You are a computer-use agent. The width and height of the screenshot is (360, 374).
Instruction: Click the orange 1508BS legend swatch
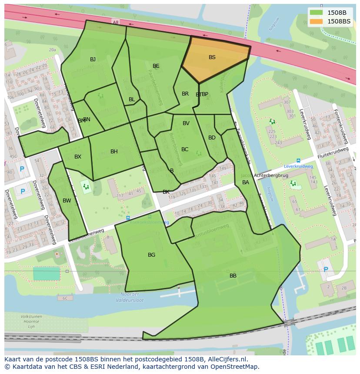click(317, 21)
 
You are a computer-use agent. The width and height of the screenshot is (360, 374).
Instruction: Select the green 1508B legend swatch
click(317, 13)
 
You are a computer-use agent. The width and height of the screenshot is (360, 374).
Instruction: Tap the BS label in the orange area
click(212, 57)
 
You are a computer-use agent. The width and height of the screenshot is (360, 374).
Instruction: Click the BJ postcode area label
click(93, 60)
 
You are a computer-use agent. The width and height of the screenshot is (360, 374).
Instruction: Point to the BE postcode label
click(156, 66)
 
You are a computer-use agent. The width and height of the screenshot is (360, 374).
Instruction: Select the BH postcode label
click(114, 152)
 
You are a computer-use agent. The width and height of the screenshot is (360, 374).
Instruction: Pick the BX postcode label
click(77, 157)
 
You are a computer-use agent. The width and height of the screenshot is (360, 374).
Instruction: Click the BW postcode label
click(67, 201)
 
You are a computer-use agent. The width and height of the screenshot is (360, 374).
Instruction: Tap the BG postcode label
click(151, 255)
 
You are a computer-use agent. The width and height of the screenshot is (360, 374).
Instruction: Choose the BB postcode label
click(233, 276)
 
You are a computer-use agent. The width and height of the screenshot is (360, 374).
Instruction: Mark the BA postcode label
click(246, 182)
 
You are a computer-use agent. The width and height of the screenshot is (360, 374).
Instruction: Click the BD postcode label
click(212, 138)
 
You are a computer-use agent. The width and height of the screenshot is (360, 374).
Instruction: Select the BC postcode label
click(185, 149)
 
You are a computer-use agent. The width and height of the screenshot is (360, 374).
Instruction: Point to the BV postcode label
click(186, 123)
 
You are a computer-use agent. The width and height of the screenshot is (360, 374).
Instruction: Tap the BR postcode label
click(185, 94)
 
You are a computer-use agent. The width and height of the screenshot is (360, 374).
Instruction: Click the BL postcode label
click(132, 99)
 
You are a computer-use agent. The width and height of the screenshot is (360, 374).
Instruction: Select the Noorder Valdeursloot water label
click(130, 297)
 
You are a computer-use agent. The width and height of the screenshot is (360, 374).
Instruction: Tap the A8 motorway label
click(115, 22)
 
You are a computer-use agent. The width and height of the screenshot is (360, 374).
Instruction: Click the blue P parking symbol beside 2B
click(326, 270)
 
